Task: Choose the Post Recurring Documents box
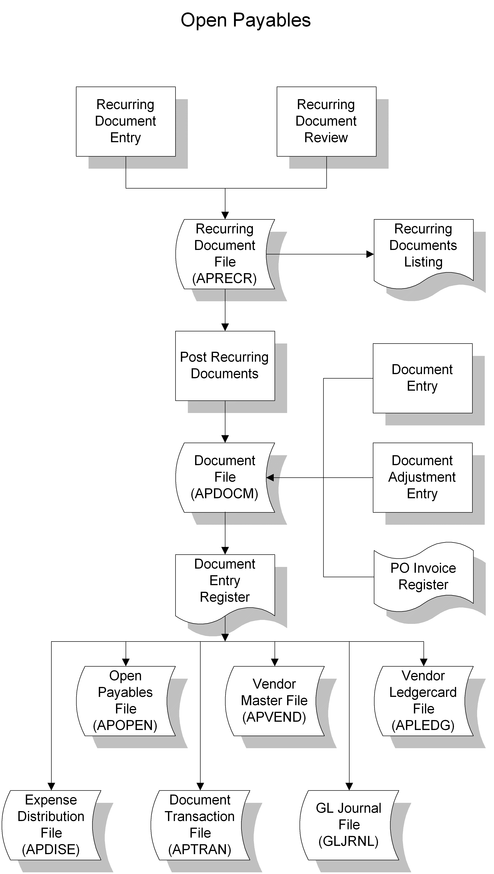click(x=225, y=365)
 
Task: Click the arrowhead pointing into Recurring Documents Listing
click(x=370, y=254)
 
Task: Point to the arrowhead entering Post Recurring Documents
click(x=225, y=327)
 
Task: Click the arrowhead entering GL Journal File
click(x=349, y=786)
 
